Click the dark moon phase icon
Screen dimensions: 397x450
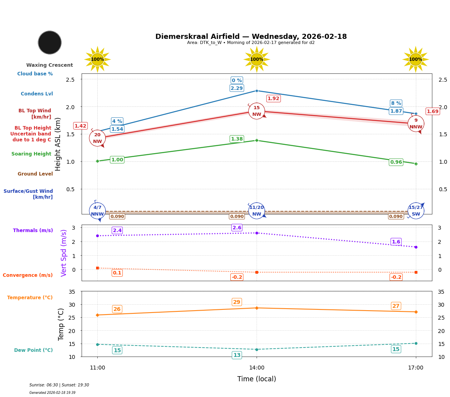point(50,42)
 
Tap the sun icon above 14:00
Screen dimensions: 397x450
point(257,59)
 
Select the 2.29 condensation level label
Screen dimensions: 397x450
point(237,88)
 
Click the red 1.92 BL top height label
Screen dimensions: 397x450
point(273,99)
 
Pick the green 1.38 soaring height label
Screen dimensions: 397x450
point(237,139)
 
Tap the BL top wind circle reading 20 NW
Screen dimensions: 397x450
point(97,138)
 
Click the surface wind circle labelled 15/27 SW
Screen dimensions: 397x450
point(416,211)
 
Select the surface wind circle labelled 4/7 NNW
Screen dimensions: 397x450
point(97,211)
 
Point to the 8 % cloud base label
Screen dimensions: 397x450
point(396,103)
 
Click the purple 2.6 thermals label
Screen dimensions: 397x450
point(237,228)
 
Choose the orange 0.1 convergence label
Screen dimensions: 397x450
point(117,273)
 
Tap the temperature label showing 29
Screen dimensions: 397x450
point(237,302)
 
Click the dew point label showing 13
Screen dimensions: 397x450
point(237,355)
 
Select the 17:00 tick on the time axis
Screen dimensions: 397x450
point(415,368)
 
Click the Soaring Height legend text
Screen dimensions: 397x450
point(31,154)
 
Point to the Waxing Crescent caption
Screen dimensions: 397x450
point(49,65)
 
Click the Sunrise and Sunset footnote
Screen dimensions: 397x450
point(59,385)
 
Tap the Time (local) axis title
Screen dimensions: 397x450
point(257,379)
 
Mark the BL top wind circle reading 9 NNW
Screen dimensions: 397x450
point(416,124)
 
